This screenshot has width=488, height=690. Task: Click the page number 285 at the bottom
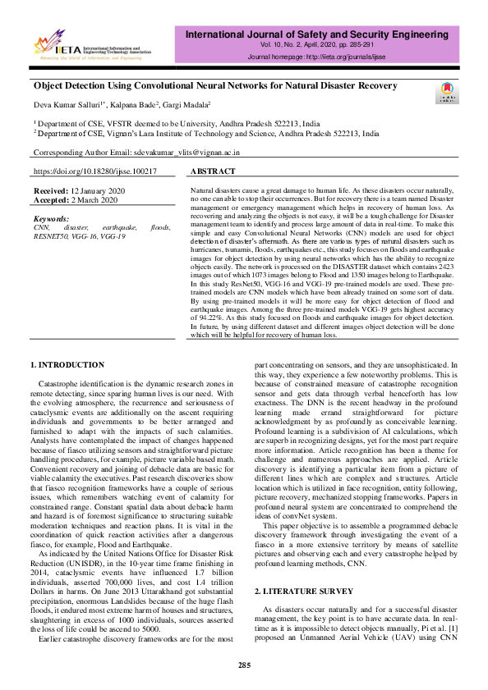coord(244,664)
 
